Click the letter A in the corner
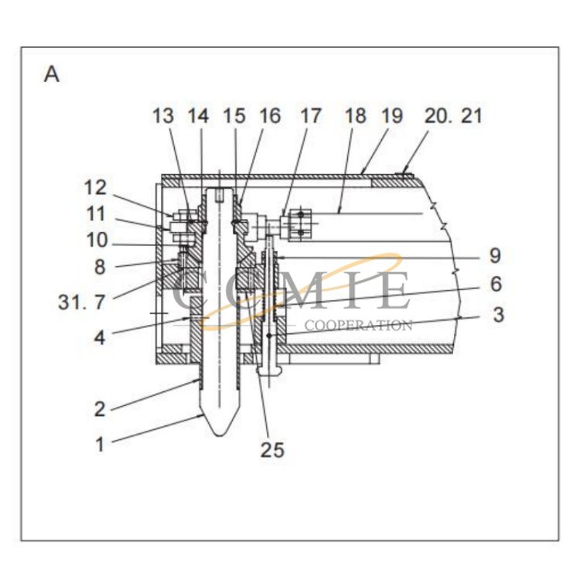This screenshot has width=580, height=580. pos(52,75)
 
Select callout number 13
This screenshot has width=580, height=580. pos(163,116)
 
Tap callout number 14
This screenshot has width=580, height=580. pos(198,116)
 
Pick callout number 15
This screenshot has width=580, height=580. pos(234,116)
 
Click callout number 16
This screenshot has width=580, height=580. pos(269,116)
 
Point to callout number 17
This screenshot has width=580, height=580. pos(310,116)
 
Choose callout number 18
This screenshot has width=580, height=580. pos(355,116)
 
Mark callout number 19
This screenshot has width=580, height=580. pos(391,116)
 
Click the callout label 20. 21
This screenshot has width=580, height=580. pos(453,116)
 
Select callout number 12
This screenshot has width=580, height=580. pos(99,187)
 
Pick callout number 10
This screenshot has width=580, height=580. pos(99,241)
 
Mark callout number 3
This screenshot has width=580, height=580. pos(498,315)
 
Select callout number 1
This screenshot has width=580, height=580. pos(99,445)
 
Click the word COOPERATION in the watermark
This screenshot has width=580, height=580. pos(358,326)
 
